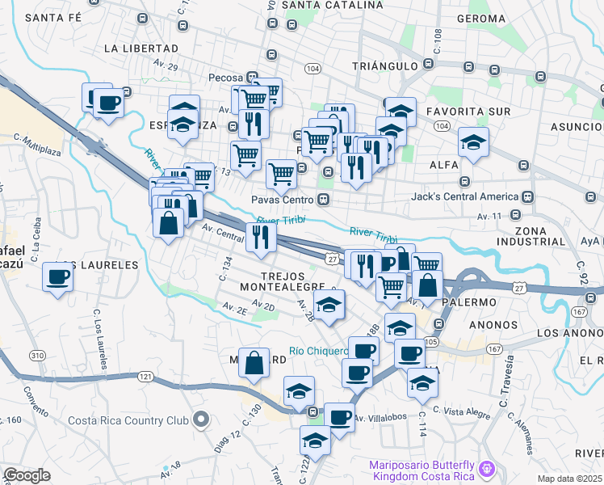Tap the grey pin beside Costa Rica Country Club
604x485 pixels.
(x=202, y=420)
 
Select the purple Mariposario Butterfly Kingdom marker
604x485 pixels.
(x=486, y=468)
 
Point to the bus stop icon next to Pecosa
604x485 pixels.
(x=253, y=78)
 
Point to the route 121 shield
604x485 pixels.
(x=145, y=377)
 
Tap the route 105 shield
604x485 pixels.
(x=430, y=342)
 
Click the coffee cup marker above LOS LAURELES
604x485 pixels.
(x=58, y=276)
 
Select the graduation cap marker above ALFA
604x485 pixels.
(x=473, y=143)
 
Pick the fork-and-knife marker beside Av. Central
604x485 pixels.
(x=261, y=236)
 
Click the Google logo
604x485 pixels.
(x=27, y=475)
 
